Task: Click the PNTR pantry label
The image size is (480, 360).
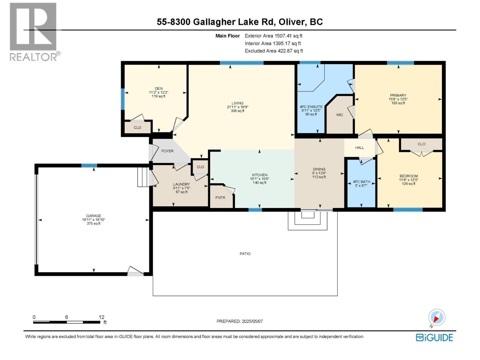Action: point(220,198)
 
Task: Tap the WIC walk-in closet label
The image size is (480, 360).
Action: point(340,115)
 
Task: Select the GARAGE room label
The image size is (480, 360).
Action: point(94,216)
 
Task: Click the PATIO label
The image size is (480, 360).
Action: point(245,254)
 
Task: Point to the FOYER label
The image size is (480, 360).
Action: point(167,151)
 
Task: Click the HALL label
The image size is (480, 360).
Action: point(359,148)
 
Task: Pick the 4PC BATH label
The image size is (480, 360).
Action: point(361,182)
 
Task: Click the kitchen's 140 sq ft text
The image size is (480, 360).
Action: point(259,183)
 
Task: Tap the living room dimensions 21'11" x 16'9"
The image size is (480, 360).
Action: point(238,107)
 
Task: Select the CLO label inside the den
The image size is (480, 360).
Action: point(137,127)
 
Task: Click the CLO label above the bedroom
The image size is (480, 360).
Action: point(421,144)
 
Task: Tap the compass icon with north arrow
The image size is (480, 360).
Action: point(436,317)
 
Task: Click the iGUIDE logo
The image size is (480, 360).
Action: point(434,337)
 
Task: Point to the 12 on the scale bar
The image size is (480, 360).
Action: point(101,317)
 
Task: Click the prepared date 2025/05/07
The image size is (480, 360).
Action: point(252,321)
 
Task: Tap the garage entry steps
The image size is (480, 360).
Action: point(143,177)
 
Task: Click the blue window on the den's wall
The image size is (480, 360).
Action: point(122,99)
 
